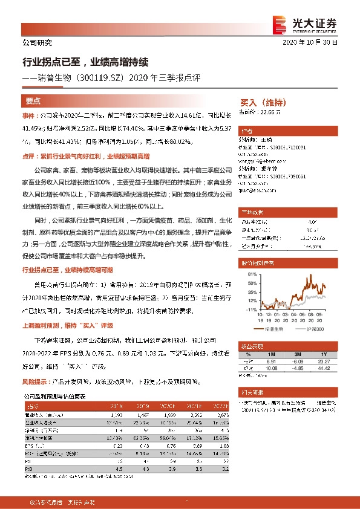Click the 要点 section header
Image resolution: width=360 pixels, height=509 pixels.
[x=33, y=101]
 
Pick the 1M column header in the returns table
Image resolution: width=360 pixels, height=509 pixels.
[x=270, y=354]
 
